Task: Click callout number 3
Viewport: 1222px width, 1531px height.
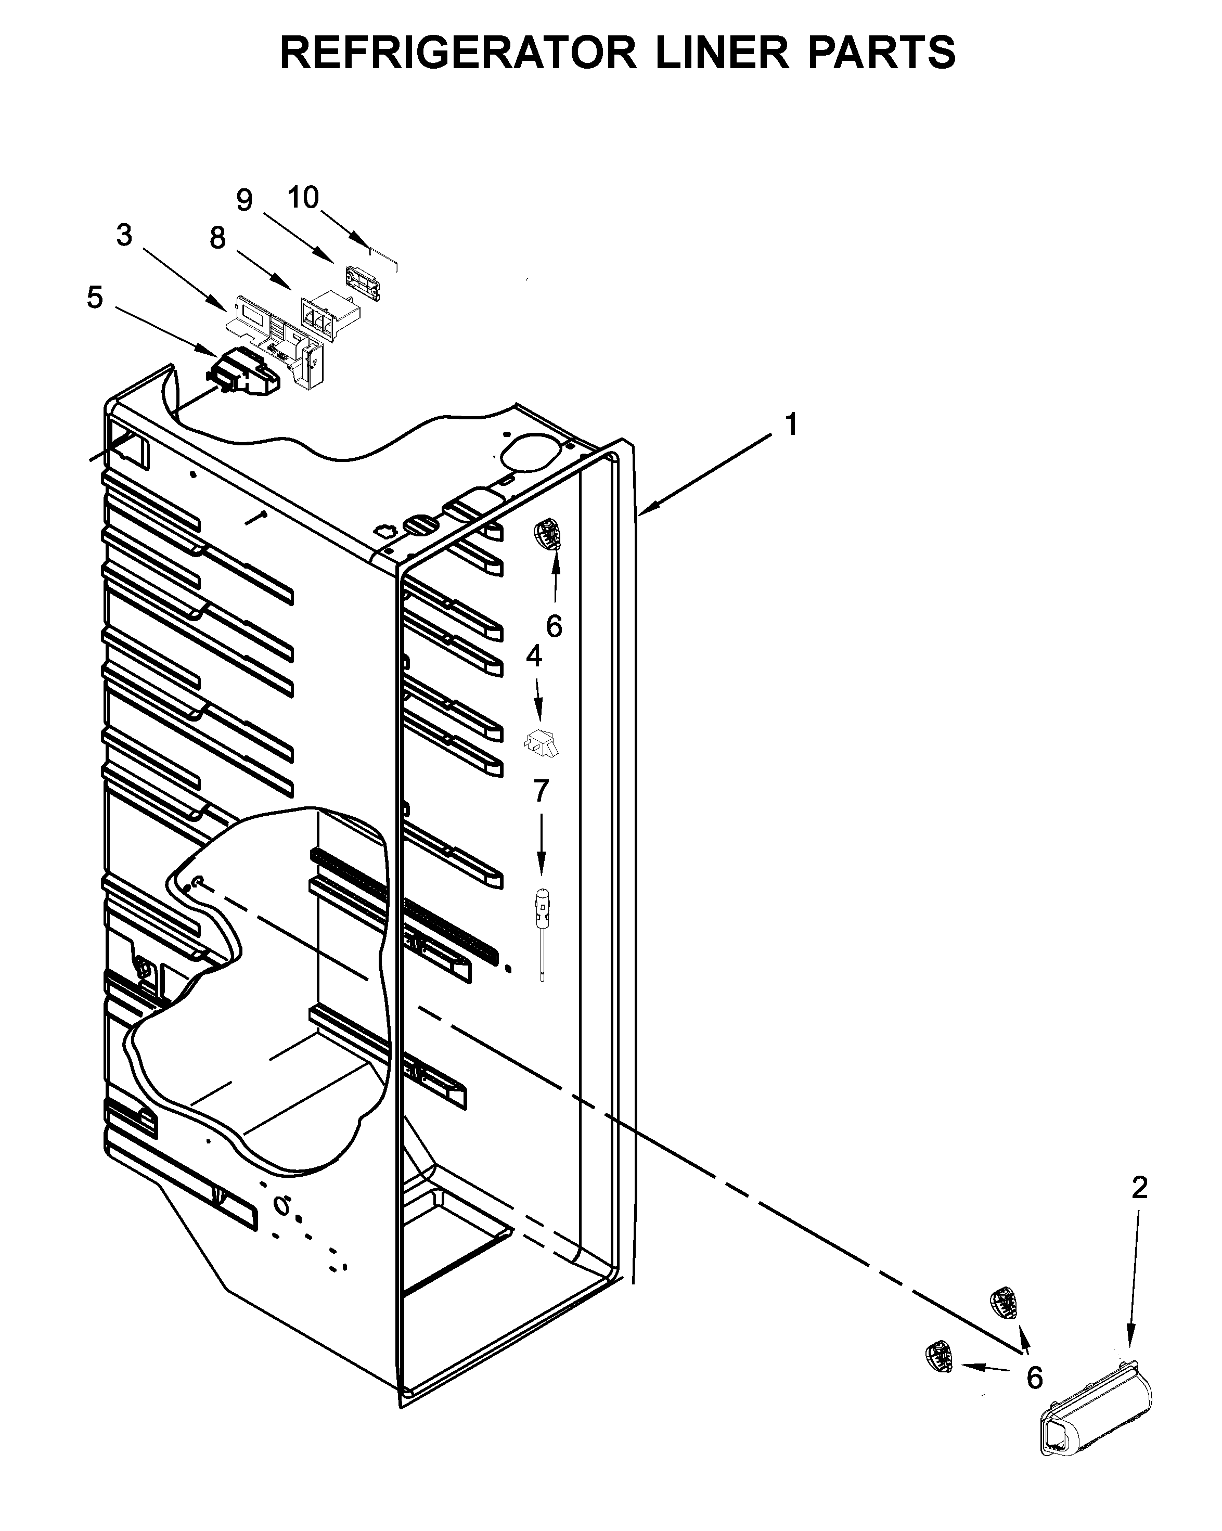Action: [124, 236]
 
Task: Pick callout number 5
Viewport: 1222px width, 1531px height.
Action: [95, 298]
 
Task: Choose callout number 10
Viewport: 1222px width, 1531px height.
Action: [303, 197]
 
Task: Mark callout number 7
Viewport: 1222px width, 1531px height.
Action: [541, 790]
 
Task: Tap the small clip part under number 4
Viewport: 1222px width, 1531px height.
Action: [541, 743]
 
